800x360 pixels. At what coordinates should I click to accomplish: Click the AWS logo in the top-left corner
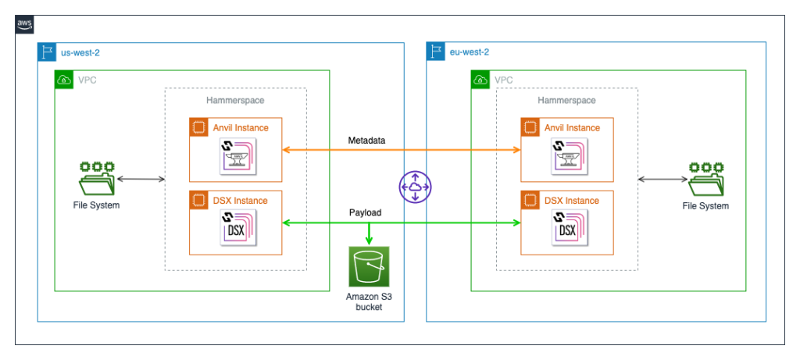[25, 25]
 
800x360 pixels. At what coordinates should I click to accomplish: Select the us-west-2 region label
[80, 52]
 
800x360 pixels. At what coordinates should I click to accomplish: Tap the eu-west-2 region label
[469, 52]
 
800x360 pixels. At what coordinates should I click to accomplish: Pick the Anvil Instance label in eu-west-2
[572, 128]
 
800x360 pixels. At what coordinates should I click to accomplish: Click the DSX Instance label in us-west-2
[239, 201]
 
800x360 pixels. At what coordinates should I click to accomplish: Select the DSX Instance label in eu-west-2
[570, 201]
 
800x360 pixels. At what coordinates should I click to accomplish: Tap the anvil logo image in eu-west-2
[568, 156]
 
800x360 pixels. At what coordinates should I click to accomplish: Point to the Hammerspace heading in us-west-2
[235, 101]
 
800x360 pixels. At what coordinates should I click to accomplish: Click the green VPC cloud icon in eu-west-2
[480, 80]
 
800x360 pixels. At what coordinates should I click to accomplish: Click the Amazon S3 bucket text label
[369, 302]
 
